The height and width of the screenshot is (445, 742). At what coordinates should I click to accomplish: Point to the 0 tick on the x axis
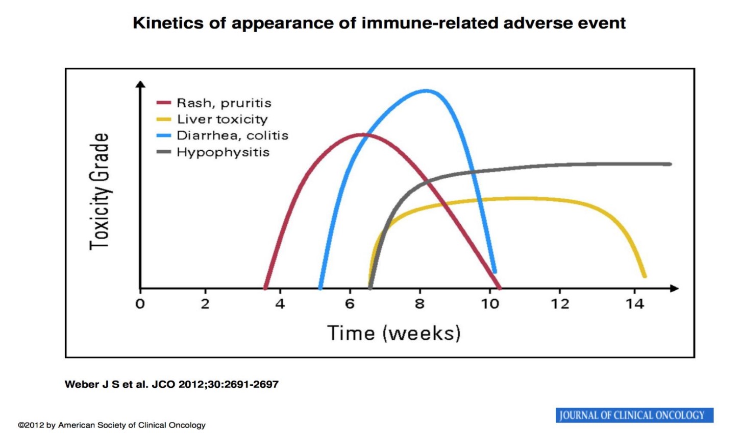[140, 303]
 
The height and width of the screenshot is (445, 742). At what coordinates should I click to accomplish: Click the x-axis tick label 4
[280, 303]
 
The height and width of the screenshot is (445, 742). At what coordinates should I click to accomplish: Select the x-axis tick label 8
[419, 303]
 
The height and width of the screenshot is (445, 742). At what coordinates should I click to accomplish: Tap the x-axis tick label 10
[490, 303]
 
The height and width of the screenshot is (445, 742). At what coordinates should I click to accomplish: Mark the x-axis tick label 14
[635, 303]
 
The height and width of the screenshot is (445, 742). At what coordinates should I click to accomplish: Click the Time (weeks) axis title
[394, 333]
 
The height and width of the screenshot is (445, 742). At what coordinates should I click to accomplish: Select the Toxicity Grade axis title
[99, 192]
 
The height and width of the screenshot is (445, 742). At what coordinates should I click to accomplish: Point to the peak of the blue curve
[426, 90]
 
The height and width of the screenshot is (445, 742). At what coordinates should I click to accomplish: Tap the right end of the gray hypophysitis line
[670, 164]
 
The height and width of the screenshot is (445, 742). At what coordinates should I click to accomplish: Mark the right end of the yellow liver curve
[645, 276]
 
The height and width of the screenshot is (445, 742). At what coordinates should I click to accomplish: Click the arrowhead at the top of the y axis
[140, 84]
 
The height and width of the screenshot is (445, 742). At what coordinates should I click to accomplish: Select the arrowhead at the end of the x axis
[675, 289]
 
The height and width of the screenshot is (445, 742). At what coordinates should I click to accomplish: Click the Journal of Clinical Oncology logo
[634, 415]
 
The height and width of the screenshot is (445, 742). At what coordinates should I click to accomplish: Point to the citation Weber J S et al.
[106, 384]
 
